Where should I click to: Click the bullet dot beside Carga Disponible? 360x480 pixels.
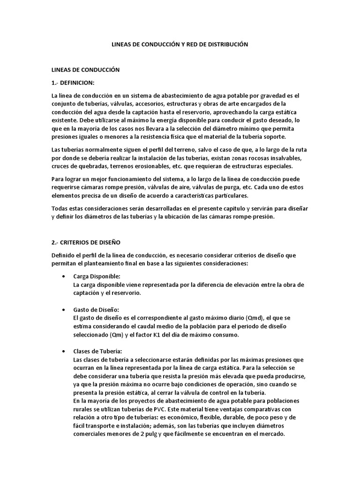click(x=63, y=276)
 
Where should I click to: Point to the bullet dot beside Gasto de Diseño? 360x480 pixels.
click(x=63, y=310)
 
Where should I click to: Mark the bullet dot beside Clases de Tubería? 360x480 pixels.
click(x=63, y=351)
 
